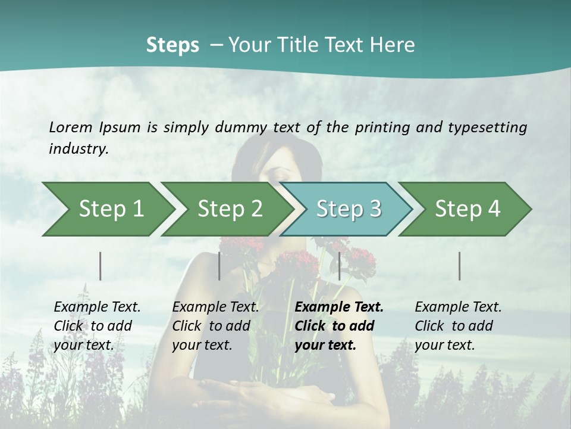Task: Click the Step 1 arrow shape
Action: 107,209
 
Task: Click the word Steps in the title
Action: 172,45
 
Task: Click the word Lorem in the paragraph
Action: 71,127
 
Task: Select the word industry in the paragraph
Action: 78,148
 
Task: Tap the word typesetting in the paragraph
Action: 487,128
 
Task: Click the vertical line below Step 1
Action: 100,266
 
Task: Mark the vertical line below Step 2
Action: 219,266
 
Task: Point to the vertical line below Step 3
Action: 339,266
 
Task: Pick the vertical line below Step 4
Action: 459,266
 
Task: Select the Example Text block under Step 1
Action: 97,326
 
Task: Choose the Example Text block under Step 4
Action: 458,326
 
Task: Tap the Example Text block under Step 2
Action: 215,326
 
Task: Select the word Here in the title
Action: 393,45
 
